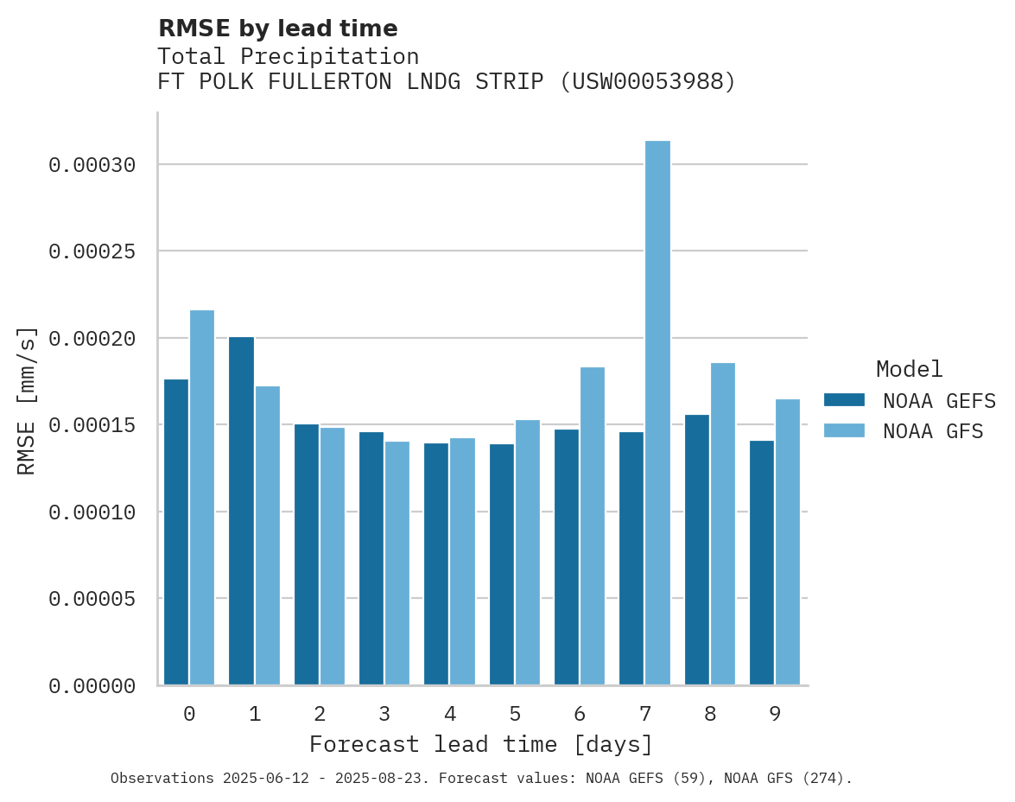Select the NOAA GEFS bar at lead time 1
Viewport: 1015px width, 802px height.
[x=242, y=511]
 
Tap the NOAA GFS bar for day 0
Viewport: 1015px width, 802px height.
[x=202, y=498]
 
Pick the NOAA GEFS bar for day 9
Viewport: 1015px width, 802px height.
[x=762, y=563]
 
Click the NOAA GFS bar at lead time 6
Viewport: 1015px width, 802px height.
[x=593, y=526]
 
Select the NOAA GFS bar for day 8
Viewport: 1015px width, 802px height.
[x=723, y=524]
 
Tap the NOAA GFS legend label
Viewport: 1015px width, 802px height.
[x=932, y=430]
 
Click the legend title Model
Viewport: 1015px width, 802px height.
[x=909, y=369]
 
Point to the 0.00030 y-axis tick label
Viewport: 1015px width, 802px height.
[x=92, y=164]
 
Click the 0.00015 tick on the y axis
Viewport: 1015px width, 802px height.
[x=92, y=425]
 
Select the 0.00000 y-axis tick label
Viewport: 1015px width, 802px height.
[x=92, y=686]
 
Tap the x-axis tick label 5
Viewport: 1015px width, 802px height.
[x=515, y=714]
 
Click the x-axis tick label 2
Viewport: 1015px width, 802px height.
[x=320, y=714]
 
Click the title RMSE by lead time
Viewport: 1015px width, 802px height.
[x=277, y=29]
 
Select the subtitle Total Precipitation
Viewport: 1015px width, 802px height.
[x=288, y=56]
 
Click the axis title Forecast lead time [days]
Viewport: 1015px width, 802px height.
[x=481, y=744]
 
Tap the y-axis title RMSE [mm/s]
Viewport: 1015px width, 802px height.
[x=27, y=400]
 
